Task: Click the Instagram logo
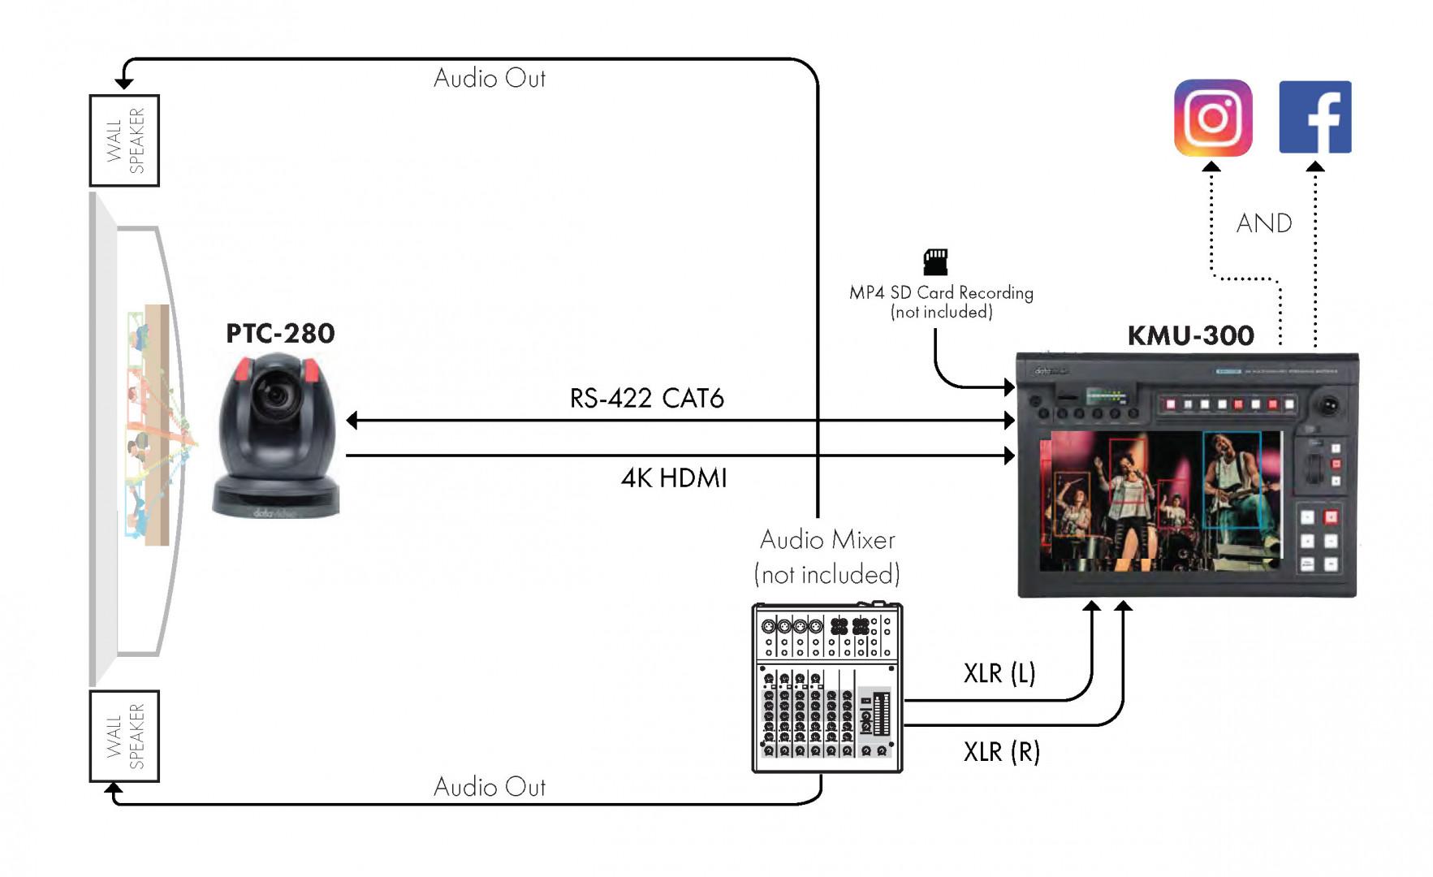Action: [1213, 118]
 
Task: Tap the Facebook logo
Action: [1314, 117]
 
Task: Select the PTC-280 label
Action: [280, 334]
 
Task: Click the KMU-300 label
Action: [1190, 335]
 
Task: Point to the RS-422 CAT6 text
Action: [646, 398]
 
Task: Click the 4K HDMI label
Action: [673, 477]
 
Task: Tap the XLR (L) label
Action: [999, 673]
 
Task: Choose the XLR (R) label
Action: [1001, 752]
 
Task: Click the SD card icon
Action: [935, 261]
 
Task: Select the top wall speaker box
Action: [124, 140]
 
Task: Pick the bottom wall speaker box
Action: [124, 736]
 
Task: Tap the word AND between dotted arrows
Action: [1263, 223]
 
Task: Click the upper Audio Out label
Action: [489, 79]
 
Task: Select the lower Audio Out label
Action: [489, 787]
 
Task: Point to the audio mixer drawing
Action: [827, 688]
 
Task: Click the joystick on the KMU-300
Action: [1330, 404]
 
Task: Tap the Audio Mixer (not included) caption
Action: [827, 557]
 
